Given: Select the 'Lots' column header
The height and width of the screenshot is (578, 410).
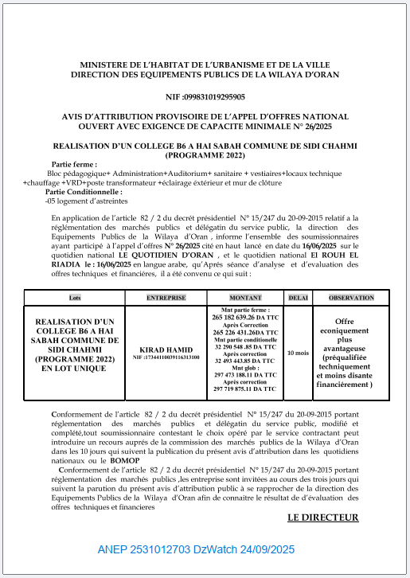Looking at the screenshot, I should coord(76,297).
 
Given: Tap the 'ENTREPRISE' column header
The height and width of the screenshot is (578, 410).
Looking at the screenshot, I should coord(166,297).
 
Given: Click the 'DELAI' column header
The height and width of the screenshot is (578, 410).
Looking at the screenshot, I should coord(298,297).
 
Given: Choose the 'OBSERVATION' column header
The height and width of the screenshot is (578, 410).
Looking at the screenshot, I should coord(350,297).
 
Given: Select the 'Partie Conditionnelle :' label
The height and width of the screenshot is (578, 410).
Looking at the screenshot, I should coord(84,192).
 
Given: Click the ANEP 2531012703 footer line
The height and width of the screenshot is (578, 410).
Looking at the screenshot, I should coord(196,549).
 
